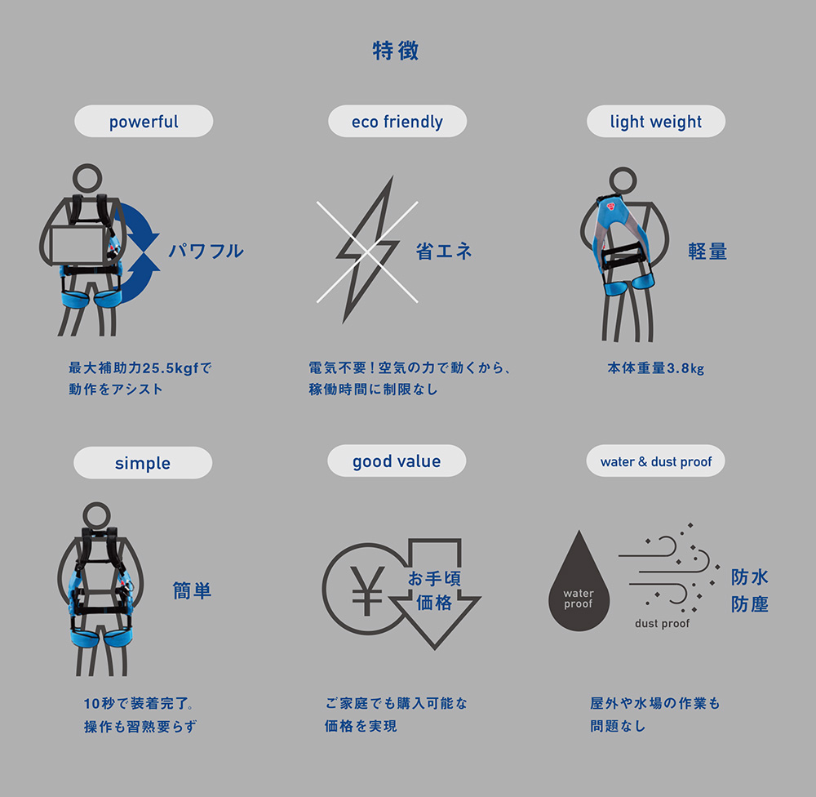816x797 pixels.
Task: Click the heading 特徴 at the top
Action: (396, 51)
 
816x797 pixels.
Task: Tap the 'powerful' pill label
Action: (144, 122)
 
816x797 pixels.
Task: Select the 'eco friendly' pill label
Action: (397, 122)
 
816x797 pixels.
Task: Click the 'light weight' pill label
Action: (656, 122)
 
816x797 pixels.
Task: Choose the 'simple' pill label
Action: (143, 462)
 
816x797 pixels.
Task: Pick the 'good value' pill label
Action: (397, 461)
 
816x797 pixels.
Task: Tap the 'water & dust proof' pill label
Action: (656, 461)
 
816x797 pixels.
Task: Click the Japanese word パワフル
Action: (206, 251)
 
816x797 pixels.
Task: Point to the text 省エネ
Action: (443, 251)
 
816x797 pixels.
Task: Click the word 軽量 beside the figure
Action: (707, 251)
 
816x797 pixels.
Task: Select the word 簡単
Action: (192, 590)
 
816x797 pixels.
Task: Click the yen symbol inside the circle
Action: (367, 590)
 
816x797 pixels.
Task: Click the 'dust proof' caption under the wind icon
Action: (662, 624)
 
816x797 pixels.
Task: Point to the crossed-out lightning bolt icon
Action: (367, 250)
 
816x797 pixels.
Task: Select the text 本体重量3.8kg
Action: (656, 368)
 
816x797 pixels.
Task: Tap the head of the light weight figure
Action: (623, 180)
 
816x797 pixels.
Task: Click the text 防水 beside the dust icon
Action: (749, 577)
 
